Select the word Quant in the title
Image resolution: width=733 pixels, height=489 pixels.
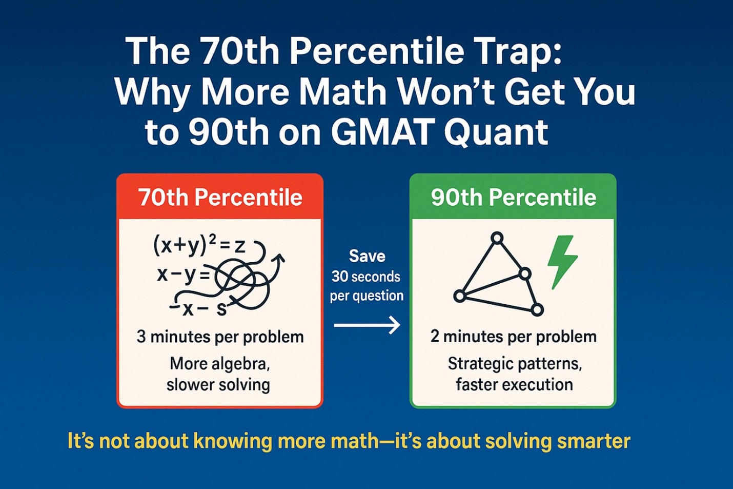496,132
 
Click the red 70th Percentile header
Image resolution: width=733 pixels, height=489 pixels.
220,198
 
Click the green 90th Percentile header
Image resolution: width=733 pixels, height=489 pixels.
513,198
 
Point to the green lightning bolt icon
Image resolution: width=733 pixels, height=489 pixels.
562,261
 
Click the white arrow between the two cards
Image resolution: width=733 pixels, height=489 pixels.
367,325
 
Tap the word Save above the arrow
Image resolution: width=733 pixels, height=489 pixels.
366,256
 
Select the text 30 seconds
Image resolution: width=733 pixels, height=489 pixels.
365,277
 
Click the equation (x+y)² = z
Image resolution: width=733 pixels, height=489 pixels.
200,245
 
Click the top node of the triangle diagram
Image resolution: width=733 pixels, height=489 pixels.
497,238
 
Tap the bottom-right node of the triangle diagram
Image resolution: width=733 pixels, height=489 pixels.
537,309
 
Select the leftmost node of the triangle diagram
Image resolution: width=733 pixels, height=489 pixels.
460,296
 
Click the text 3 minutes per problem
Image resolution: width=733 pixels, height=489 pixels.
220,337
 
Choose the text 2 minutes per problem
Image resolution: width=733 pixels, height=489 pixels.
513,337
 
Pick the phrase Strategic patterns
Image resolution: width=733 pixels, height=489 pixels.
514,364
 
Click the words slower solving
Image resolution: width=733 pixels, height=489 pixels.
218,385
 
